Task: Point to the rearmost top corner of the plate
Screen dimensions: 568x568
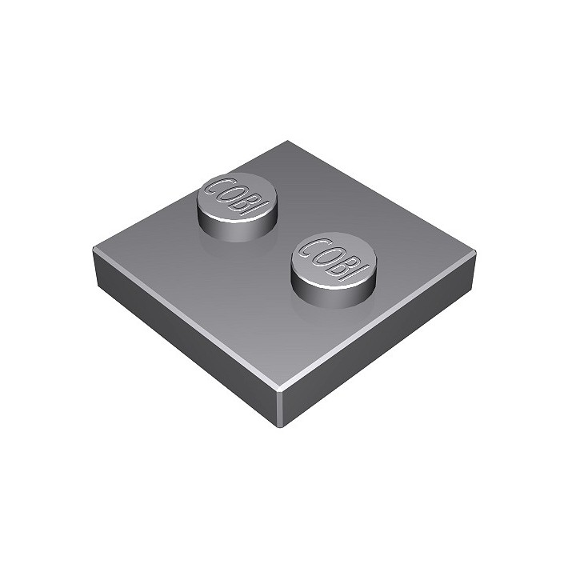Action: pos(287,142)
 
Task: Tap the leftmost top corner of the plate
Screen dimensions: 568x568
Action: pos(94,250)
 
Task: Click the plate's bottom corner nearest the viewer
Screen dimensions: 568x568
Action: pos(284,425)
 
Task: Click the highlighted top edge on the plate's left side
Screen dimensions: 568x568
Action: pos(184,316)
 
